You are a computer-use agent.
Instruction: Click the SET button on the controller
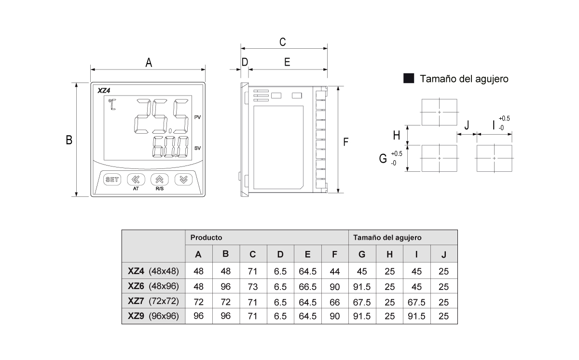tap(112, 180)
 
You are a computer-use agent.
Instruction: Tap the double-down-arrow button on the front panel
tap(183, 180)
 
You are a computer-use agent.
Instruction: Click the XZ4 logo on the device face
tap(104, 90)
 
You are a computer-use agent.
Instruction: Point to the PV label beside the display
tap(197, 117)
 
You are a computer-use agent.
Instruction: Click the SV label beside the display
tap(197, 148)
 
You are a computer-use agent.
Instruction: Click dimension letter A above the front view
tap(149, 63)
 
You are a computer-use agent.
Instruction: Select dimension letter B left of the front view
tap(69, 140)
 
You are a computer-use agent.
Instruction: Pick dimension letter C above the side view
tap(283, 42)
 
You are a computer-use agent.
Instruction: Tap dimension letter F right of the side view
tap(346, 142)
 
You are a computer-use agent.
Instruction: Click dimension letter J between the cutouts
tap(467, 125)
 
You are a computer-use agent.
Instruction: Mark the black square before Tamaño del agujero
tap(409, 79)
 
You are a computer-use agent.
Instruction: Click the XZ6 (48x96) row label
tap(153, 286)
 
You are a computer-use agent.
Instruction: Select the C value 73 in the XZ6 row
tap(252, 287)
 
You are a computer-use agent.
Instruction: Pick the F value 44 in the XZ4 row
tap(335, 271)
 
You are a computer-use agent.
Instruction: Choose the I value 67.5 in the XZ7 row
tap(416, 302)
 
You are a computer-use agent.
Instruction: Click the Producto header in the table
tap(206, 237)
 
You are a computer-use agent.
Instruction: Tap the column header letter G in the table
tap(362, 254)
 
